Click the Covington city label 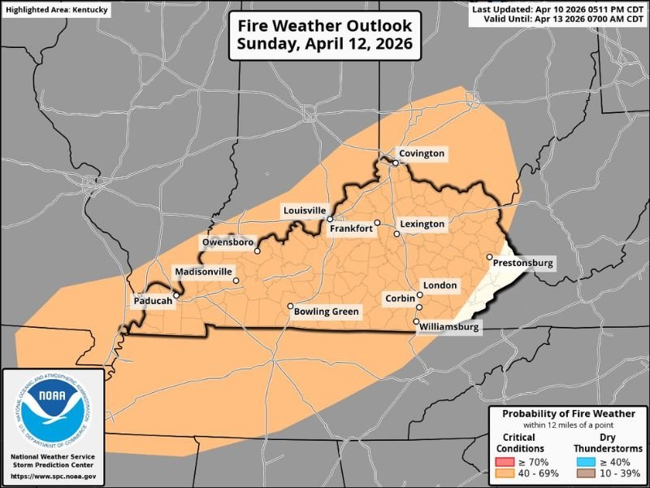[421, 153]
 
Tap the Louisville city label [304, 210]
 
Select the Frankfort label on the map [351, 229]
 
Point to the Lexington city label [422, 224]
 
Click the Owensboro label [228, 242]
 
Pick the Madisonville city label [204, 271]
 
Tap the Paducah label [153, 301]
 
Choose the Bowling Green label [327, 311]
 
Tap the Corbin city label [401, 298]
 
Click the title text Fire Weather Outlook [324, 25]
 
